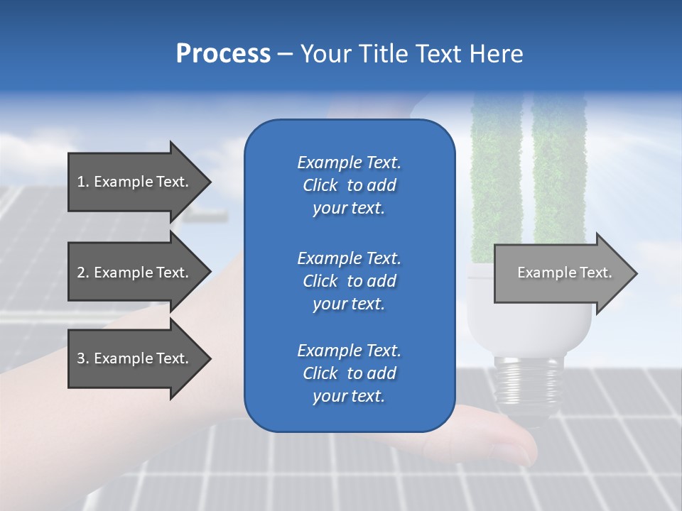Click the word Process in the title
pos(223,54)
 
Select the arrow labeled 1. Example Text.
pos(133,182)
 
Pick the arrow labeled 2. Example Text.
pos(133,273)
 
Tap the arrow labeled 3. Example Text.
pos(133,358)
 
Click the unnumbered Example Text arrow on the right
pos(564,273)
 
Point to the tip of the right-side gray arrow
pos(636,273)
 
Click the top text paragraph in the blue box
pos(349,185)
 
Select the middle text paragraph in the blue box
pos(349,281)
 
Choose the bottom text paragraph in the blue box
pos(349,373)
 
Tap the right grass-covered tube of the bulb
pos(558,177)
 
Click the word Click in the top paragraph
pos(320,185)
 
